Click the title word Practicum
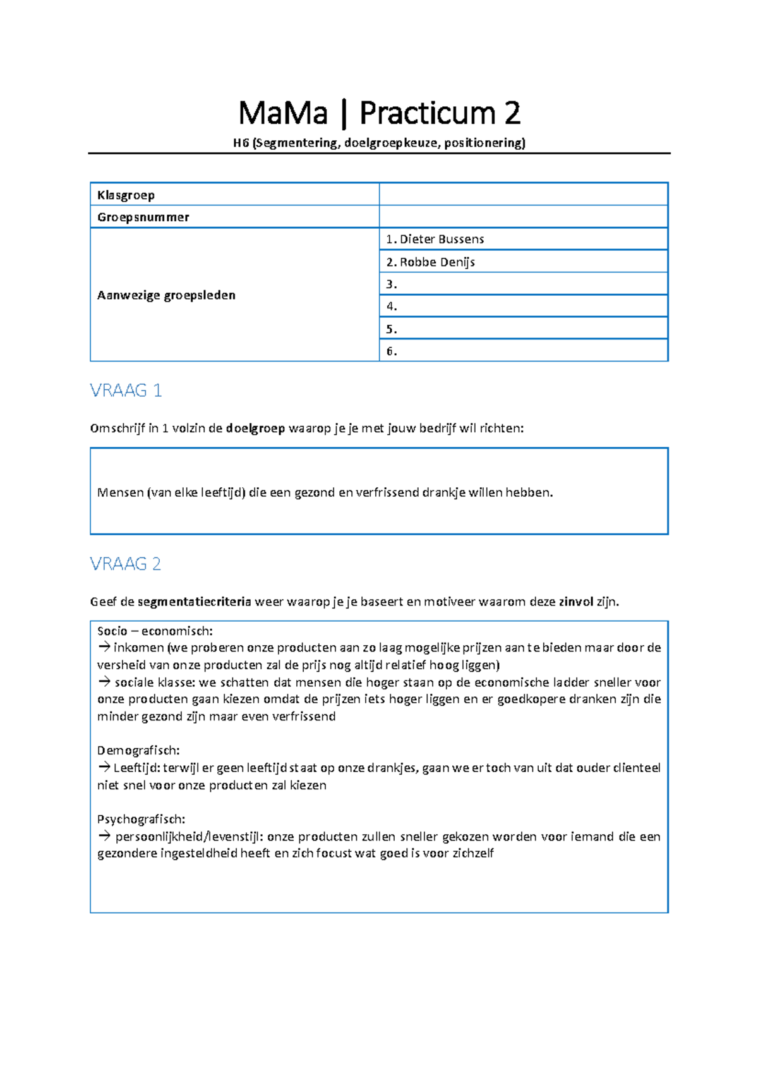[427, 114]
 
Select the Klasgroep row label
[126, 195]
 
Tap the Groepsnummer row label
[143, 217]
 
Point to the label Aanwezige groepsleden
[166, 295]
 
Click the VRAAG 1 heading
[126, 391]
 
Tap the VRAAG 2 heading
[126, 564]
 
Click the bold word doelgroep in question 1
[255, 428]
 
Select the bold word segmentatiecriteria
[194, 602]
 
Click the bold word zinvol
[575, 602]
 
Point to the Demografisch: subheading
[138, 751]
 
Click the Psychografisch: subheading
[141, 820]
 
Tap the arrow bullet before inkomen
[104, 647]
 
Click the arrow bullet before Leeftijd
[104, 768]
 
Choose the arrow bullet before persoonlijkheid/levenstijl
[104, 837]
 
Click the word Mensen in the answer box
[120, 493]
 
